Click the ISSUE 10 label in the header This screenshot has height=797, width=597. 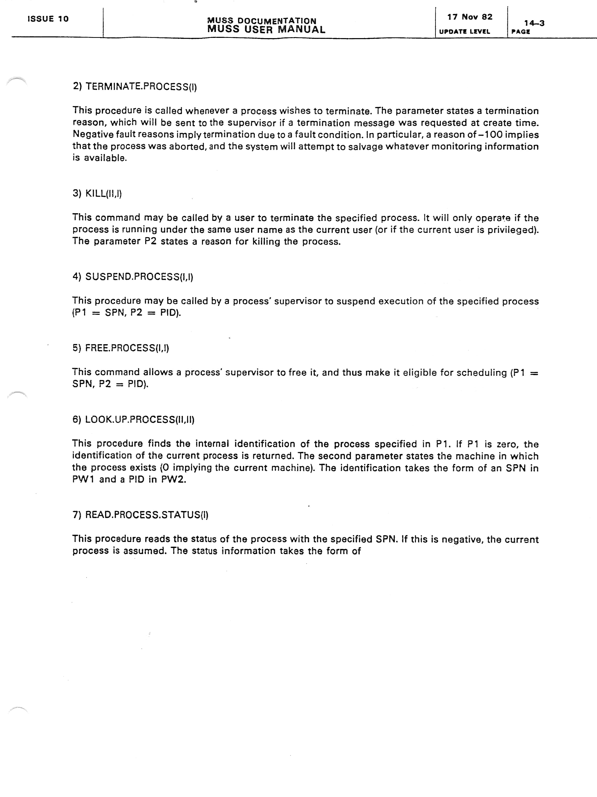pyautogui.click(x=48, y=19)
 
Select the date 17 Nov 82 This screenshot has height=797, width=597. pyautogui.click(x=470, y=17)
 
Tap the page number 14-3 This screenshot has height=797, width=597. pyautogui.click(x=534, y=23)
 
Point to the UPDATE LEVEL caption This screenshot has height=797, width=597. pyautogui.click(x=464, y=32)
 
